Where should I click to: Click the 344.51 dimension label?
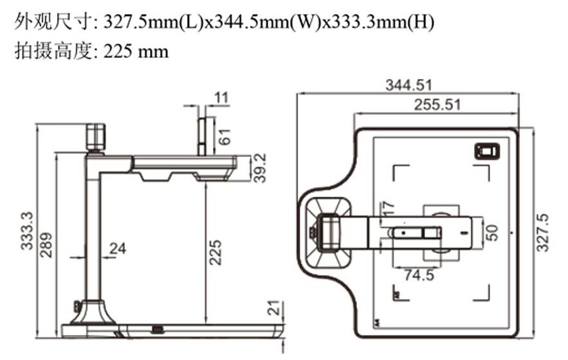[408, 85]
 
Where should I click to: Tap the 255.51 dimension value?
[437, 105]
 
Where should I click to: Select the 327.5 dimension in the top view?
[542, 233]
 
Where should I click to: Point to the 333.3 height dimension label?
[27, 231]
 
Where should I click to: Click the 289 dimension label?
[46, 245]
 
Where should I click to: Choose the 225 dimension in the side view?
[215, 252]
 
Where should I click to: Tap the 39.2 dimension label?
[260, 168]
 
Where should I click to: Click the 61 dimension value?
[224, 137]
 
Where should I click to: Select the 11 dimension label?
[221, 98]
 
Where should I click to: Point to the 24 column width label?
[118, 248]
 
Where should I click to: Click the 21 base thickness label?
[275, 307]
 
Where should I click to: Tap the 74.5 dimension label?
[419, 275]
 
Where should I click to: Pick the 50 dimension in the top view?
[492, 233]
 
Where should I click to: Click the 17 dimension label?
[387, 209]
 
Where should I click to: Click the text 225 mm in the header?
[136, 51]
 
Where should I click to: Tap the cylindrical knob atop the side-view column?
[96, 136]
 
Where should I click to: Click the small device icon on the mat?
[487, 151]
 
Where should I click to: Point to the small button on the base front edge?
[157, 329]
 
